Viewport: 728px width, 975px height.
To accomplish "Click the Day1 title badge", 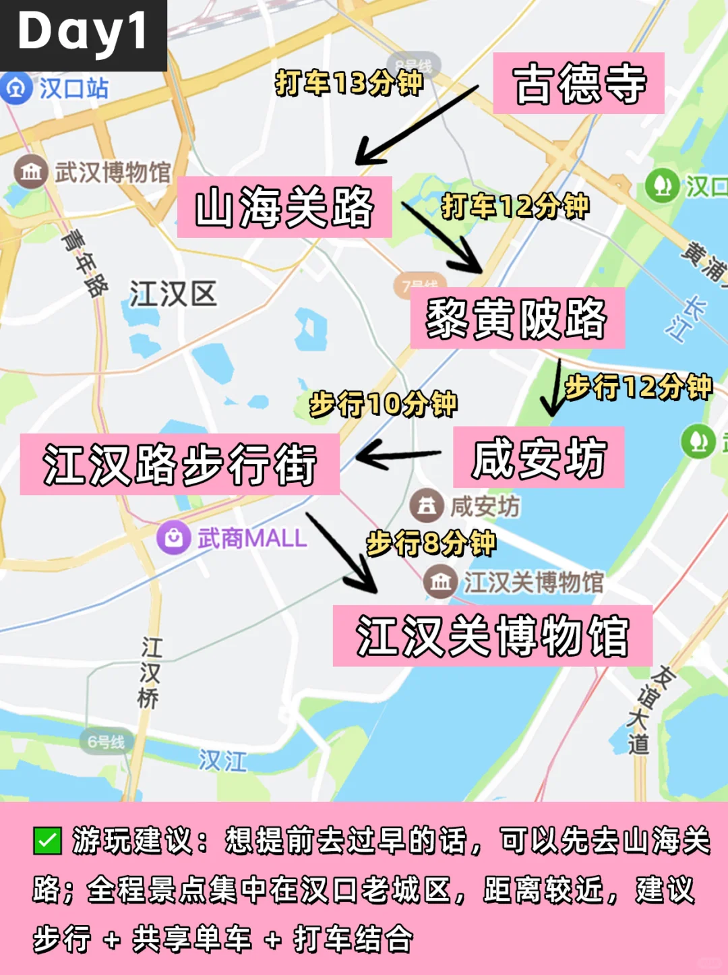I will coord(82,34).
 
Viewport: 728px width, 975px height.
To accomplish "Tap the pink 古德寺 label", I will coord(578,84).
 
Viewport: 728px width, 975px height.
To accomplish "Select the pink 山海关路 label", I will coord(284,207).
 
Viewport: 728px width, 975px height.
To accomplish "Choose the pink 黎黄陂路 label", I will coord(517,318).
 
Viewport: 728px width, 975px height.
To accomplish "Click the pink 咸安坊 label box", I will coord(538,458).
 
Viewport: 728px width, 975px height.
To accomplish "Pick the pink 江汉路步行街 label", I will coord(179,465).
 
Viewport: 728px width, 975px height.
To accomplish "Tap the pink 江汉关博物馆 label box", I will coord(492,636).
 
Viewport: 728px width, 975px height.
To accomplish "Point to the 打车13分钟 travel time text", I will coord(348,83).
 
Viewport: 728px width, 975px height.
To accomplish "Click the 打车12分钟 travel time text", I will coord(515,206).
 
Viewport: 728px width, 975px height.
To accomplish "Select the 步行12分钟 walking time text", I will coord(638,387).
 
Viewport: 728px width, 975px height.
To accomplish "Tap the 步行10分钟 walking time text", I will coord(383,404).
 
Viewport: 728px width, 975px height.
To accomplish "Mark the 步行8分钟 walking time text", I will coord(431,543).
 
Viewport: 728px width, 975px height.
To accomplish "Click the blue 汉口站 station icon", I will coord(16,88).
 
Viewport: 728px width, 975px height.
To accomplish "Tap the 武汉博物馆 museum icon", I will coord(30,171).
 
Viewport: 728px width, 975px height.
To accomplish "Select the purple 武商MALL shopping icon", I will coord(173,538).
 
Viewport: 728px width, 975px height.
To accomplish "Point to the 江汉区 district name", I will coord(173,295).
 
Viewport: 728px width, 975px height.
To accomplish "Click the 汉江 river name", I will coord(222,761).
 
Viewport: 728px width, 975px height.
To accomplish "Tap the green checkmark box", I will coord(47,841).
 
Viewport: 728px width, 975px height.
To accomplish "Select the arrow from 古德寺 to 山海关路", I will coord(416,125).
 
